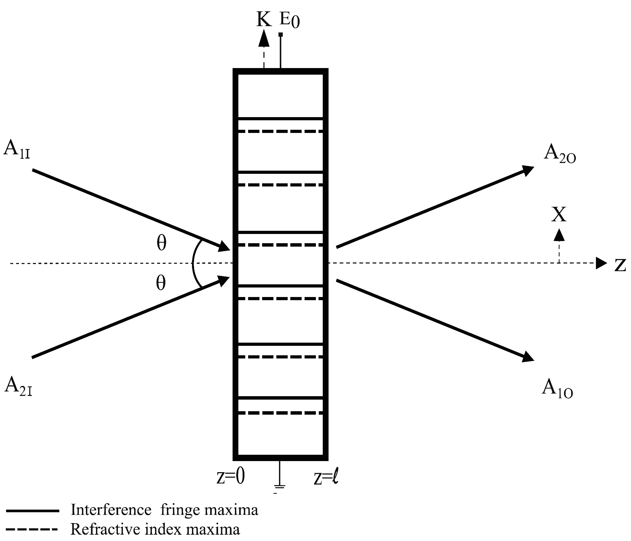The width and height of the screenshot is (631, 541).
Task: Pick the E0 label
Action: pos(289,20)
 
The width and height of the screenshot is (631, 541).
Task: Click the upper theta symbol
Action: pos(161,243)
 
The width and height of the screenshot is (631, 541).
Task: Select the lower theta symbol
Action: pos(161,283)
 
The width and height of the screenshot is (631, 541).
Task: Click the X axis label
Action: pos(559,214)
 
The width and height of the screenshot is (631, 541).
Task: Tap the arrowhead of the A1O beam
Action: pos(528,356)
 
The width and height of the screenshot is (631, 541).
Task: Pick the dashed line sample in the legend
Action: pos(32,529)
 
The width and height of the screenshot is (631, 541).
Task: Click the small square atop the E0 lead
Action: pos(281,34)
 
